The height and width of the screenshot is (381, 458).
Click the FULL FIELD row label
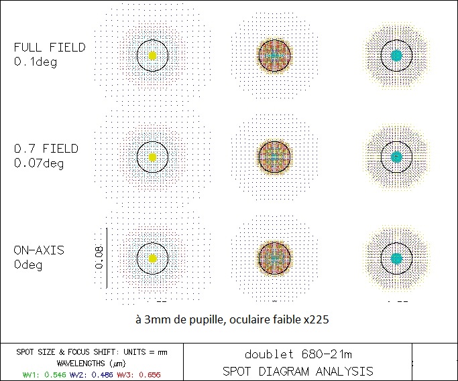click(x=50, y=48)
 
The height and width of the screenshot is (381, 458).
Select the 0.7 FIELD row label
click(x=46, y=148)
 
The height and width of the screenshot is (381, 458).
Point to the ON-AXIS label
click(x=39, y=250)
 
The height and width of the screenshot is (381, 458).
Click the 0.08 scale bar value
click(x=99, y=257)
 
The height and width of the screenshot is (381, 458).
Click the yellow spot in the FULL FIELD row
click(x=152, y=56)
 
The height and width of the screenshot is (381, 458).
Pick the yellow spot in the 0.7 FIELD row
click(x=152, y=157)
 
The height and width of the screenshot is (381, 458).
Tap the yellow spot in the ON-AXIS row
click(x=152, y=258)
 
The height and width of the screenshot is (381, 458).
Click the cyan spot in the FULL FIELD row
click(x=396, y=55)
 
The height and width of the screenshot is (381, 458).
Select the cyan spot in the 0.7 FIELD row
click(x=396, y=157)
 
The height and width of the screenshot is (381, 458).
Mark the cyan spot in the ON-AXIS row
click(x=396, y=258)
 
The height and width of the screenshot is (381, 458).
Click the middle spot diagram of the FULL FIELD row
click(x=274, y=56)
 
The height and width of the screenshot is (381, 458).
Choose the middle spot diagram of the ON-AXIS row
click(x=274, y=258)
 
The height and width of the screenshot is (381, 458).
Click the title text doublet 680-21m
click(x=298, y=355)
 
